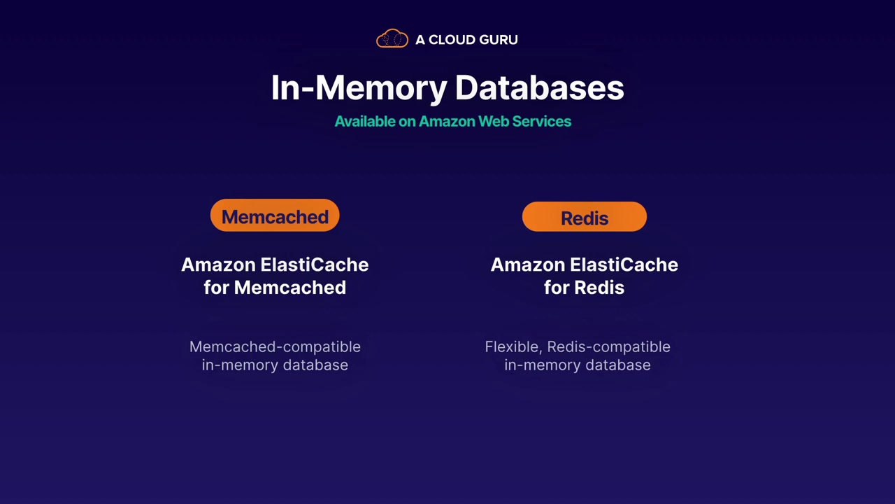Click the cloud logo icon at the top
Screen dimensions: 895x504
coord(392,39)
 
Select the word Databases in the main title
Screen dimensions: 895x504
coord(539,88)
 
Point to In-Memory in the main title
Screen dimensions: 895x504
coord(359,88)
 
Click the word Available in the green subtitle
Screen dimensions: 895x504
coord(365,121)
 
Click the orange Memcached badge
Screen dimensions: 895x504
coord(275,217)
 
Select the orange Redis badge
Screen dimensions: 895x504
coord(585,218)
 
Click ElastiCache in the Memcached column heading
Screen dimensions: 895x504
coord(314,265)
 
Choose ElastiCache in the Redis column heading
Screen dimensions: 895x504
coord(624,265)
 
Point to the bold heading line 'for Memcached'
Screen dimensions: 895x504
coord(275,288)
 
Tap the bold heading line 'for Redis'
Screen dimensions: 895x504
coord(585,288)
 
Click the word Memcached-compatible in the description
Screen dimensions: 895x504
coord(275,347)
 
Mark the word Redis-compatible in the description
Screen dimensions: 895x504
coord(608,347)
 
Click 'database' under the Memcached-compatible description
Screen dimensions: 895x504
coord(315,365)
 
